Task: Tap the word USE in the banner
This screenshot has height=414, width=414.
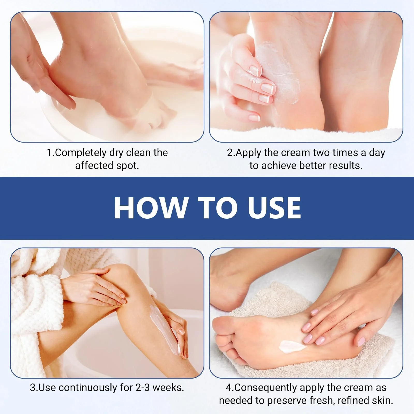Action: (x=275, y=208)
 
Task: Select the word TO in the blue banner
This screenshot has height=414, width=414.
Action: (x=217, y=208)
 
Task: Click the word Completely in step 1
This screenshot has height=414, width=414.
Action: (x=80, y=153)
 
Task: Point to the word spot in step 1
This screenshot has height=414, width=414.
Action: (x=128, y=166)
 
